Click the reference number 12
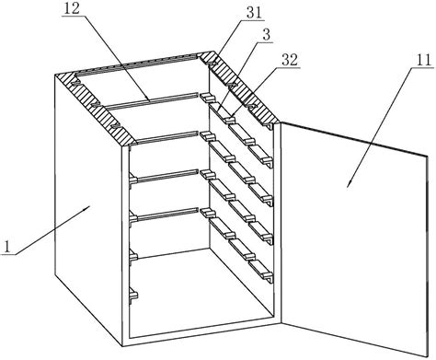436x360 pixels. [x=71, y=8]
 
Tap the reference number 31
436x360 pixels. [x=255, y=13]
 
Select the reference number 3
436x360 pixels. [x=267, y=35]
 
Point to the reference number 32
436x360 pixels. [x=290, y=60]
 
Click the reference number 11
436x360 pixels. [x=423, y=60]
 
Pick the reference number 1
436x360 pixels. [x=6, y=247]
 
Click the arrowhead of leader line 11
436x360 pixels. [x=350, y=184]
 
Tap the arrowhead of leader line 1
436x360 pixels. [x=87, y=208]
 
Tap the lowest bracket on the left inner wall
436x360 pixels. [x=133, y=294]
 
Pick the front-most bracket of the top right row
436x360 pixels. [x=261, y=153]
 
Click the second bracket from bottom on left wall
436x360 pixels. [x=133, y=256]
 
